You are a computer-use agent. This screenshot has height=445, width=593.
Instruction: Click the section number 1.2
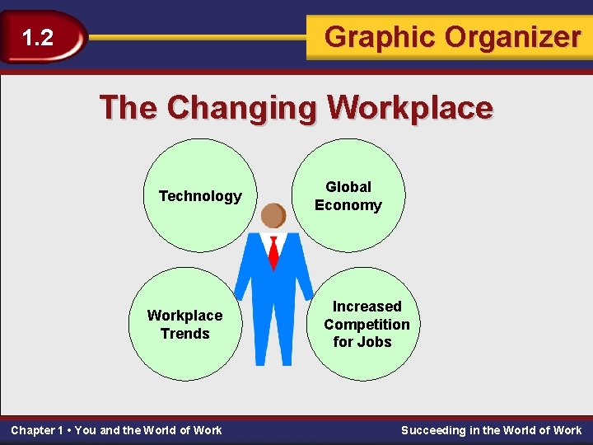coord(37,38)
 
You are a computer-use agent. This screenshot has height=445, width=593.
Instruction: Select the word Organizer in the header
coord(513,37)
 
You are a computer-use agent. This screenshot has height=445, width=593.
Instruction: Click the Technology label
coord(200,196)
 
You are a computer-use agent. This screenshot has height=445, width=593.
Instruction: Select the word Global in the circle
coord(348,187)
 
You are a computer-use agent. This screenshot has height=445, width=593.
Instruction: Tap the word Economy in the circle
coord(348,205)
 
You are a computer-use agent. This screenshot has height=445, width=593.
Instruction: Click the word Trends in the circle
coord(185,334)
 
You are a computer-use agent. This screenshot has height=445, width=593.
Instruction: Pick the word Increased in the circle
coord(367,307)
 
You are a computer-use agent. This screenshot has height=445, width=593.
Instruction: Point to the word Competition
coord(367,325)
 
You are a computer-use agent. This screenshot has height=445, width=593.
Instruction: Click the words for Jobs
coord(362,342)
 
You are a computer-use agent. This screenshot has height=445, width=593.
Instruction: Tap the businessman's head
coord(273,216)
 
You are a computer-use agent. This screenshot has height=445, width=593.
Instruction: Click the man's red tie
coord(273,252)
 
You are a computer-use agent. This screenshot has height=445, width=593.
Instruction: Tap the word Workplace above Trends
coord(185,316)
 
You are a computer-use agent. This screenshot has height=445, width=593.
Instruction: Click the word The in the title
coord(128,108)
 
